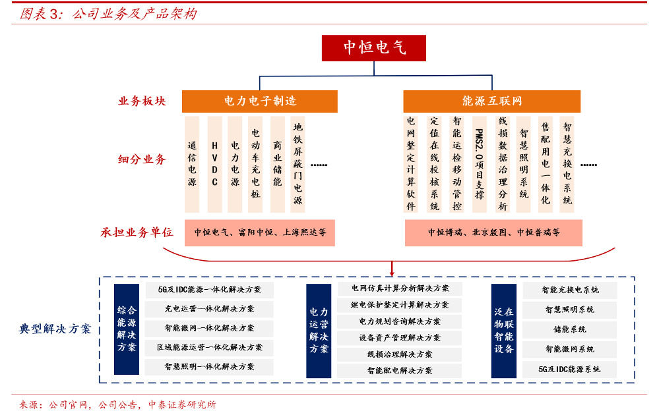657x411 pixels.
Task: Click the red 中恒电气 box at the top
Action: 375,47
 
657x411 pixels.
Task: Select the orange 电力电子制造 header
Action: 260,101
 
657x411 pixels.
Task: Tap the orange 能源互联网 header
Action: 491,101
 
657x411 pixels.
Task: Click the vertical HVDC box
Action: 214,163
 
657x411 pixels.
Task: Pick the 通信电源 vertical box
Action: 192,163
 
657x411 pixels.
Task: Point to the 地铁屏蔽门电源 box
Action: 298,163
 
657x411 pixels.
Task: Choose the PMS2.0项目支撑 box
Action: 480,163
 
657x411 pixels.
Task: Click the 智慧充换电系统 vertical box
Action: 567,163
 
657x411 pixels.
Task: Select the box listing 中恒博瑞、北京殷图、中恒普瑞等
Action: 493,233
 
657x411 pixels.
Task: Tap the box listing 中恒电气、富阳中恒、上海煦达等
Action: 260,233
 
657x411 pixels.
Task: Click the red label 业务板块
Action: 142,101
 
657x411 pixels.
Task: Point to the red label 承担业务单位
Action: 137,233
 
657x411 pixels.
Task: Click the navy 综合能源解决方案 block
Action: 127,329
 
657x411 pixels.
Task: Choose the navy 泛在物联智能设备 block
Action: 504,329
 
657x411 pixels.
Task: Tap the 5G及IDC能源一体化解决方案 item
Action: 210,289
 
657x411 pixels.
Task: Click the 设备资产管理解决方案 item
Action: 400,338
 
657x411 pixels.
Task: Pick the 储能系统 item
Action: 570,329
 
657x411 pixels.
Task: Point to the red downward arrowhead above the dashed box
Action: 392,272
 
